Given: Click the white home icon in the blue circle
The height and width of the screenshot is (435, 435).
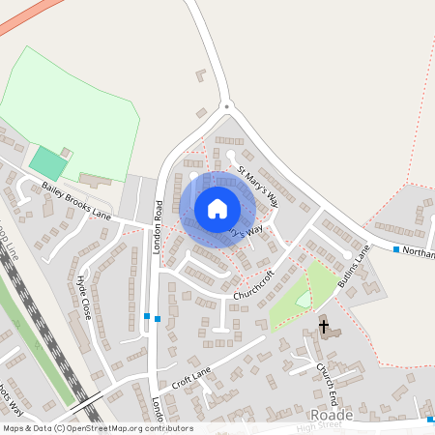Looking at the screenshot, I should click(217, 209).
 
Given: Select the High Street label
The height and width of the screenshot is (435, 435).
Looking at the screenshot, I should click(320, 426).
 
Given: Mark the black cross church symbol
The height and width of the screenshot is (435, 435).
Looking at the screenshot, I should click(323, 327).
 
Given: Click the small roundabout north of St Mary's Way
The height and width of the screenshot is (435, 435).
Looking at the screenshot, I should click(225, 106).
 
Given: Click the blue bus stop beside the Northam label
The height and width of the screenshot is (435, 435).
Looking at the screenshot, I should click(396, 250).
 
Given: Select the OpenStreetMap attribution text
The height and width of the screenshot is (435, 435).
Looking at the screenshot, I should click(97, 428).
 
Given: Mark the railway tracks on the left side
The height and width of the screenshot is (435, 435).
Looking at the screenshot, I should click(39, 329).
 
